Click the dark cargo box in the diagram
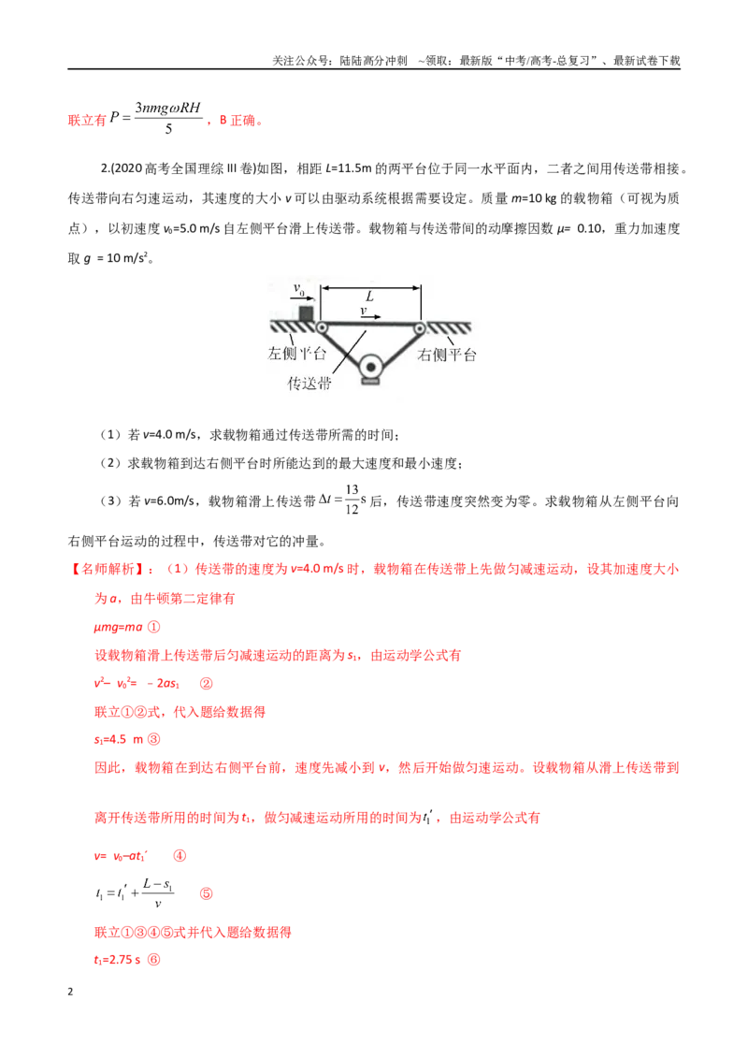click(x=306, y=313)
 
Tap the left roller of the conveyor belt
click(x=322, y=327)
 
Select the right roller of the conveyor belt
click(x=420, y=328)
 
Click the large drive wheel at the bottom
click(x=370, y=368)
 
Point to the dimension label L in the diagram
click(x=369, y=296)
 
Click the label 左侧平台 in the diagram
click(x=297, y=354)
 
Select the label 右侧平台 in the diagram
click(x=447, y=355)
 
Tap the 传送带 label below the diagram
click(x=309, y=384)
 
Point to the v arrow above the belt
click(x=370, y=316)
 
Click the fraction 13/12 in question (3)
click(x=352, y=500)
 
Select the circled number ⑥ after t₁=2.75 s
click(x=154, y=960)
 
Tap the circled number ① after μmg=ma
click(x=154, y=627)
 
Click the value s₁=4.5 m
click(x=119, y=740)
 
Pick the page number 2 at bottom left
click(x=70, y=992)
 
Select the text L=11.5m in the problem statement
click(x=349, y=168)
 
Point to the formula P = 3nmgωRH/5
click(x=156, y=118)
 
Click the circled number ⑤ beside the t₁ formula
click(x=206, y=893)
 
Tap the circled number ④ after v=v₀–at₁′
click(x=180, y=856)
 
